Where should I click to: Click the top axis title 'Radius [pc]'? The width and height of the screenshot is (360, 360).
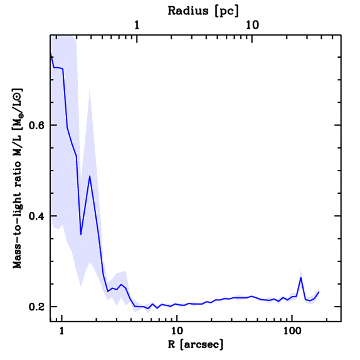pyautogui.click(x=203, y=11)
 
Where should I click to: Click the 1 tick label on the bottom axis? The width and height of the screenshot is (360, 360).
pyautogui.click(x=62, y=331)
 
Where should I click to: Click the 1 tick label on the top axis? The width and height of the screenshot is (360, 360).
pyautogui.click(x=137, y=25)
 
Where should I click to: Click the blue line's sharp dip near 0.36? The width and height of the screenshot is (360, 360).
pyautogui.click(x=81, y=234)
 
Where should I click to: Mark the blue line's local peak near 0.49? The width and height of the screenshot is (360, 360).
pyautogui.click(x=90, y=176)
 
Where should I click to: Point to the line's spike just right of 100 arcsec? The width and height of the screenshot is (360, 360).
pyautogui.click(x=301, y=278)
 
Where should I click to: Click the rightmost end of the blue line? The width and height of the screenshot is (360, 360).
pyautogui.click(x=319, y=292)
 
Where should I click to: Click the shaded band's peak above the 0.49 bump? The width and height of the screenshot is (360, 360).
pyautogui.click(x=90, y=91)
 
